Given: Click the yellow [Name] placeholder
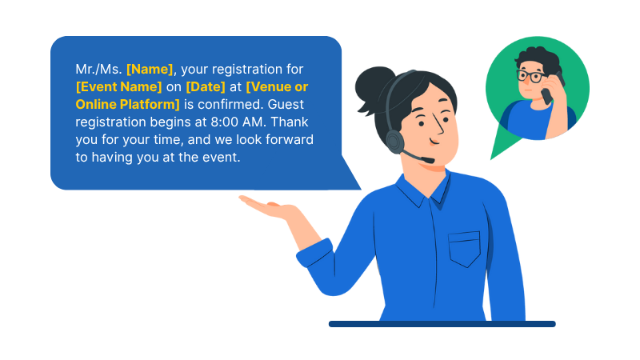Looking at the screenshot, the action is (x=150, y=70).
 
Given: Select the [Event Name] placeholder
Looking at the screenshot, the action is (x=118, y=87).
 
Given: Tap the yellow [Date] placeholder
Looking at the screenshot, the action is (x=206, y=87).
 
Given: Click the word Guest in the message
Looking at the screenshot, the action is (x=286, y=105).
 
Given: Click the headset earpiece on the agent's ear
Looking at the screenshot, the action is (x=394, y=142).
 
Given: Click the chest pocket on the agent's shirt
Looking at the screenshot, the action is (x=465, y=249).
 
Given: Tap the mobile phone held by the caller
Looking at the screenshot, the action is (x=551, y=89).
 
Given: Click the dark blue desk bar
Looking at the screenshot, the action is (x=442, y=324).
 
